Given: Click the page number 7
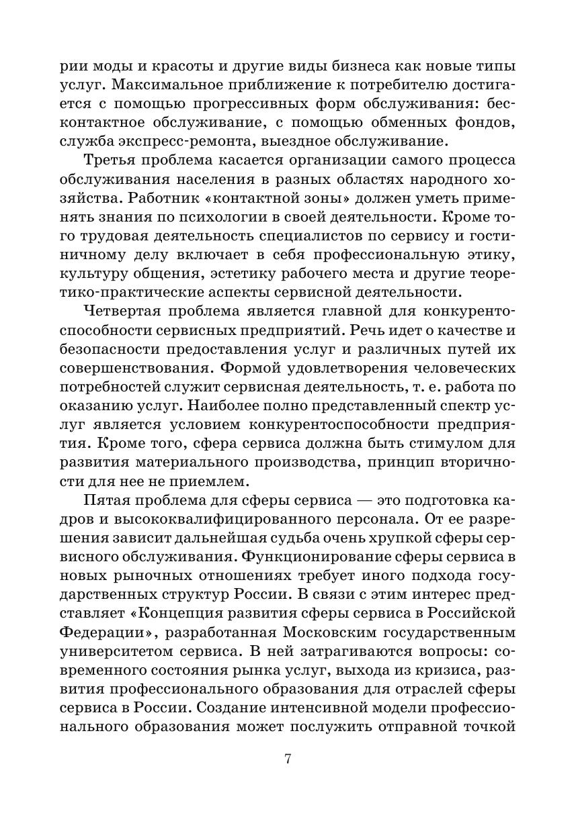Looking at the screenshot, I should point(288,759).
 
